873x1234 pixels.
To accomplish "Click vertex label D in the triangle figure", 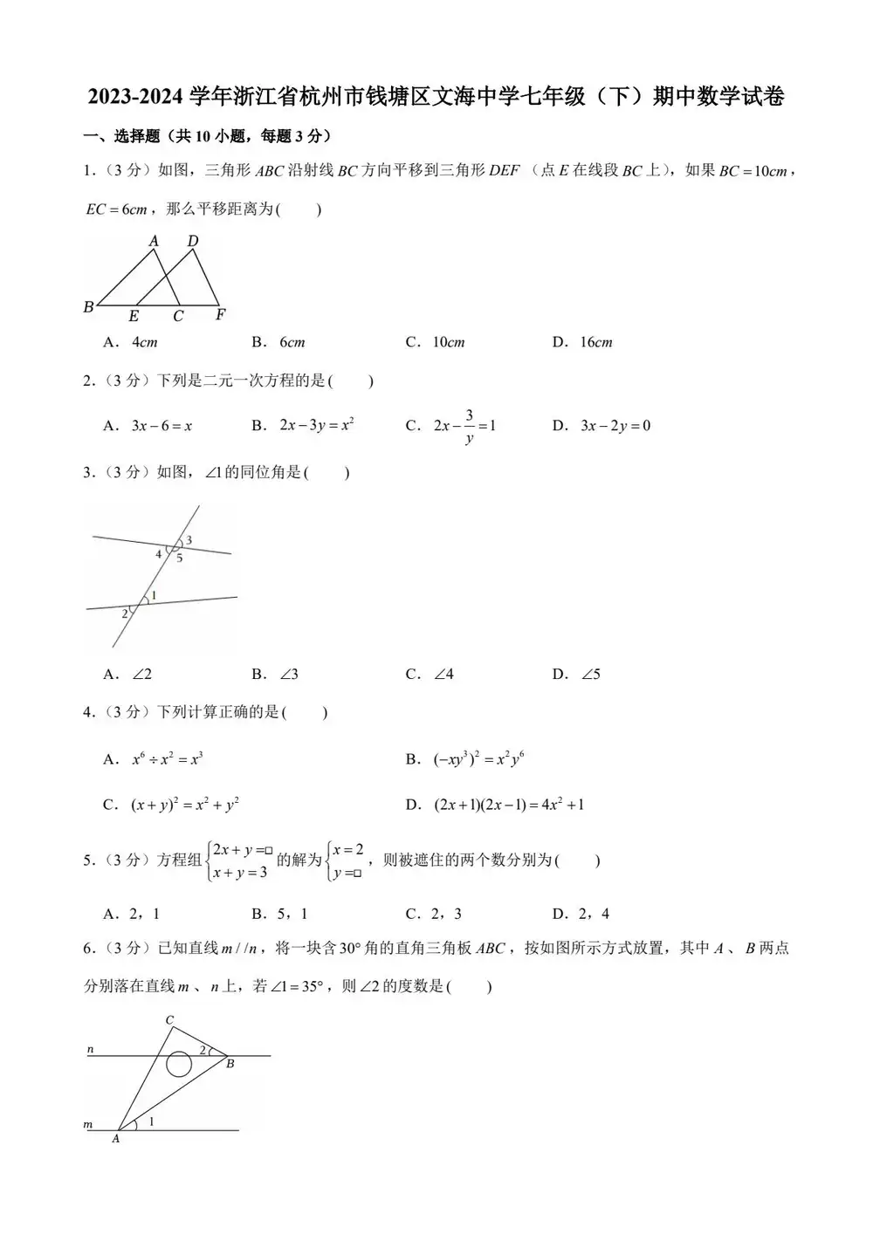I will tap(193, 241).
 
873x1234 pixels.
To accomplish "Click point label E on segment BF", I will tap(134, 317).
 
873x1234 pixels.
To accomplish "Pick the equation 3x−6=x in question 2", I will tap(162, 426).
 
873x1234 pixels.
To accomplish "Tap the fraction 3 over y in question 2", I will tap(469, 426).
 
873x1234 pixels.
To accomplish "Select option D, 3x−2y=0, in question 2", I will tap(615, 426).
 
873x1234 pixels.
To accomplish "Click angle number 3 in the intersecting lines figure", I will tap(189, 540).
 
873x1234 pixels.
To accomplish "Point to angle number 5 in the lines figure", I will tap(180, 559).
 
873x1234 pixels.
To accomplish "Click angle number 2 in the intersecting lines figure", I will tap(125, 614).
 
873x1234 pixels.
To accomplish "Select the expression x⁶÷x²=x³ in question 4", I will tap(167, 759).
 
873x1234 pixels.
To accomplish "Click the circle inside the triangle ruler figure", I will tap(179, 1064).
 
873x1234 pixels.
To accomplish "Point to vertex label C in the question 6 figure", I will tap(169, 1020).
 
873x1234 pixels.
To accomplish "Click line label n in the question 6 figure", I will tap(91, 1049).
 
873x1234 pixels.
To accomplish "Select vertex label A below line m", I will tap(116, 1139).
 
